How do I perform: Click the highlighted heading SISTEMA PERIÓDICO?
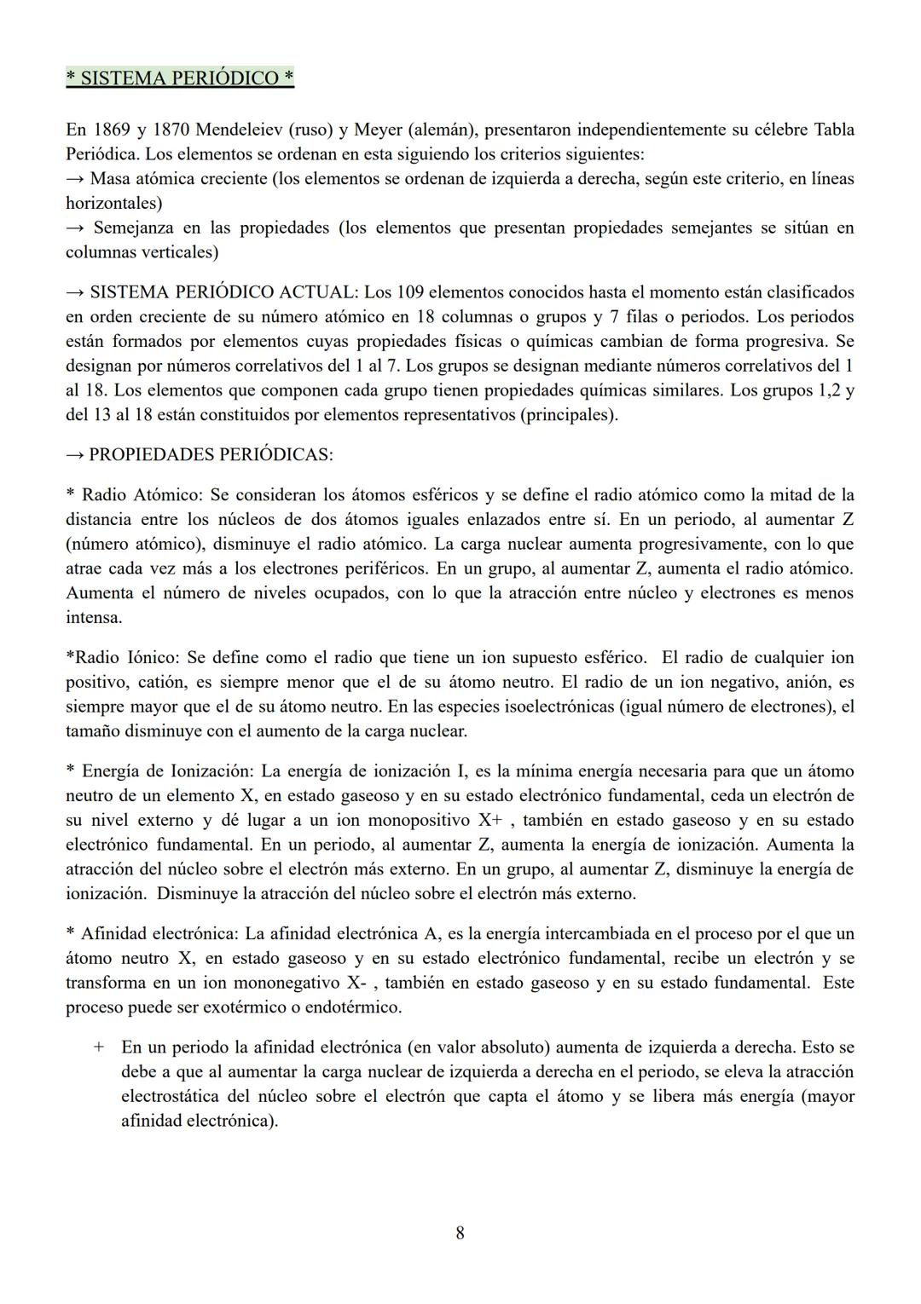(x=180, y=78)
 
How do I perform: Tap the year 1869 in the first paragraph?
(x=110, y=130)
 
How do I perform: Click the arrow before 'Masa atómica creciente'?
(x=75, y=179)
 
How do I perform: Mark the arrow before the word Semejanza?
(x=75, y=228)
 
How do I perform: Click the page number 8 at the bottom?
(x=460, y=1233)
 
